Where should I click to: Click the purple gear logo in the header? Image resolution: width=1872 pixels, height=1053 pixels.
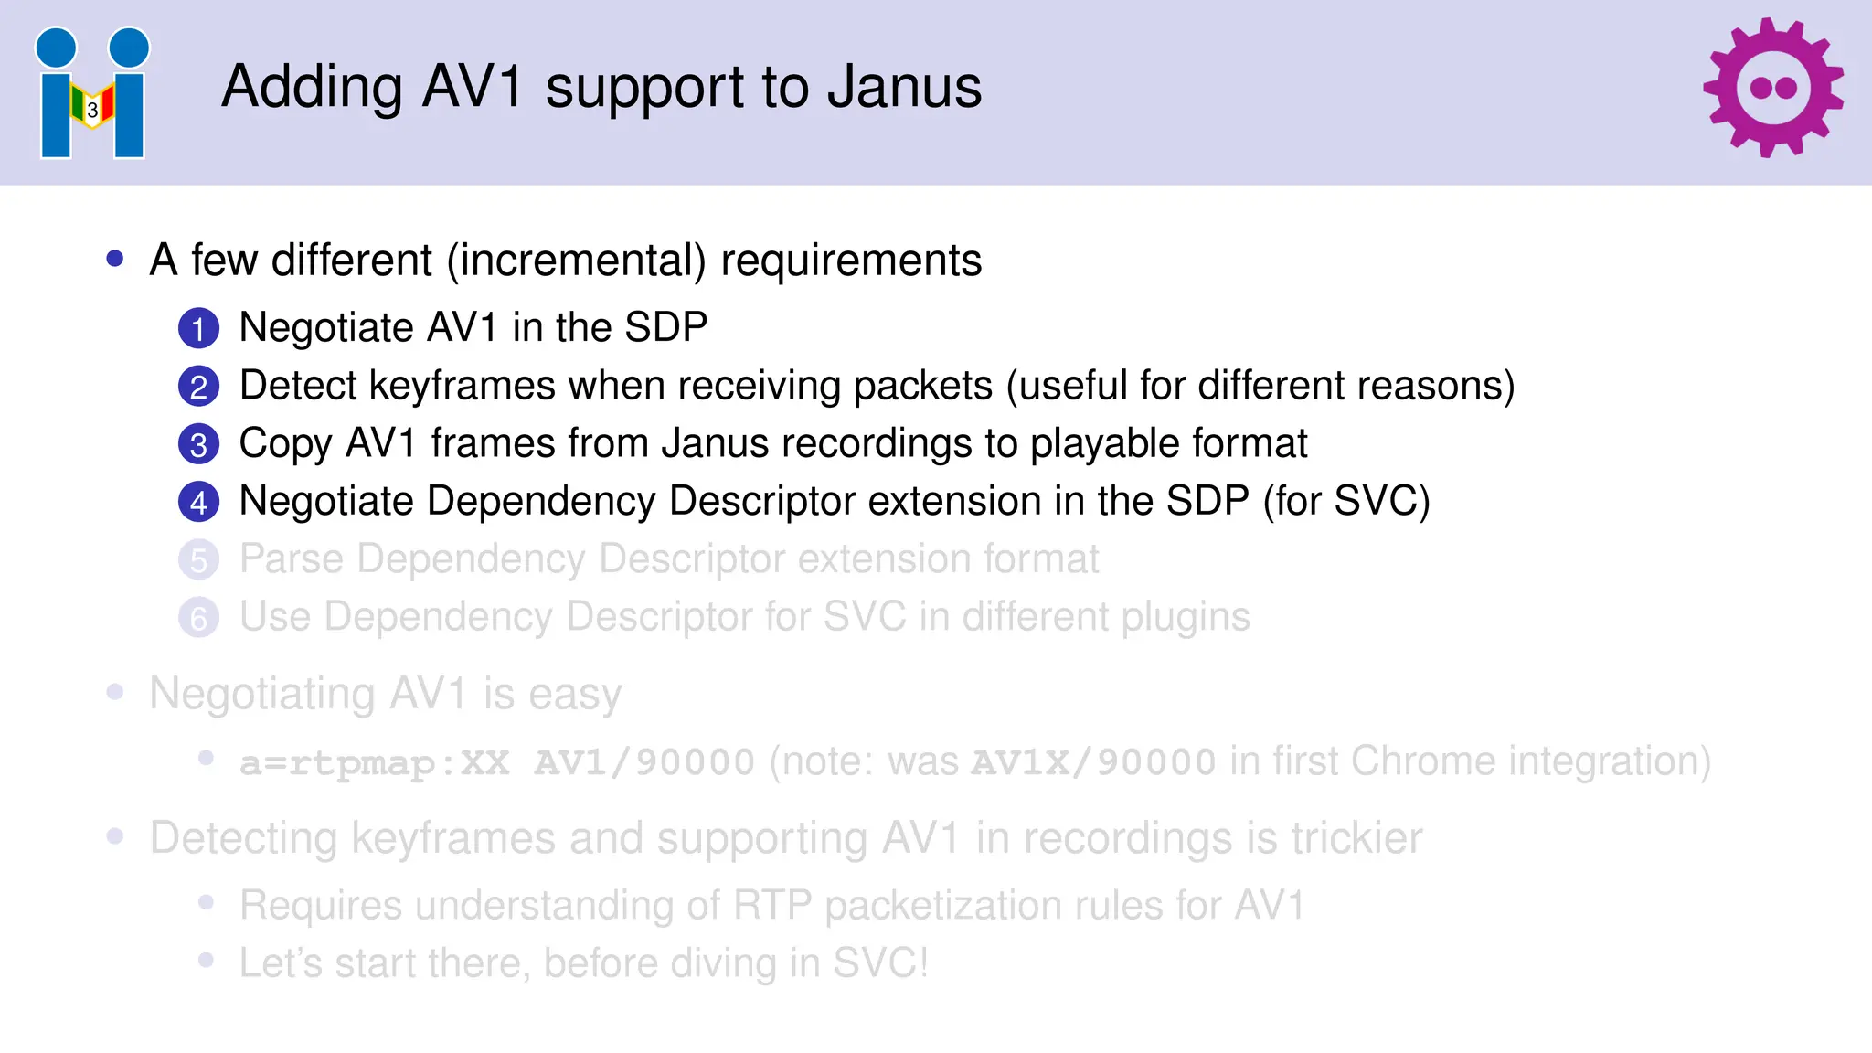point(1772,88)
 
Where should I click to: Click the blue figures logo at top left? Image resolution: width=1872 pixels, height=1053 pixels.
point(92,93)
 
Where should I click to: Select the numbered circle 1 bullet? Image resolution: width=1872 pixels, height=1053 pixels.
point(198,329)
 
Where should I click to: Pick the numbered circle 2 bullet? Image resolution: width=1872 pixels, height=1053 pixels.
point(198,387)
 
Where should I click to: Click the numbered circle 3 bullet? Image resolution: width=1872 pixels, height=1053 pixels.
point(198,444)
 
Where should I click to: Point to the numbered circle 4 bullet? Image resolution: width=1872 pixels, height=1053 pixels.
point(198,502)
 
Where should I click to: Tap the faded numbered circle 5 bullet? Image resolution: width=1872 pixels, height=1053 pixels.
point(198,560)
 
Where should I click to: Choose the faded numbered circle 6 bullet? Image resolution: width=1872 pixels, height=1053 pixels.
point(198,618)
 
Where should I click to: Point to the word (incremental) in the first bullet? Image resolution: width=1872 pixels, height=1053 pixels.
point(576,261)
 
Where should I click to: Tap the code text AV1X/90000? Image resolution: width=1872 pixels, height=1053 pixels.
point(1093,762)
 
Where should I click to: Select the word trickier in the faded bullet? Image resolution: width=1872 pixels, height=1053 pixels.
point(1356,838)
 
